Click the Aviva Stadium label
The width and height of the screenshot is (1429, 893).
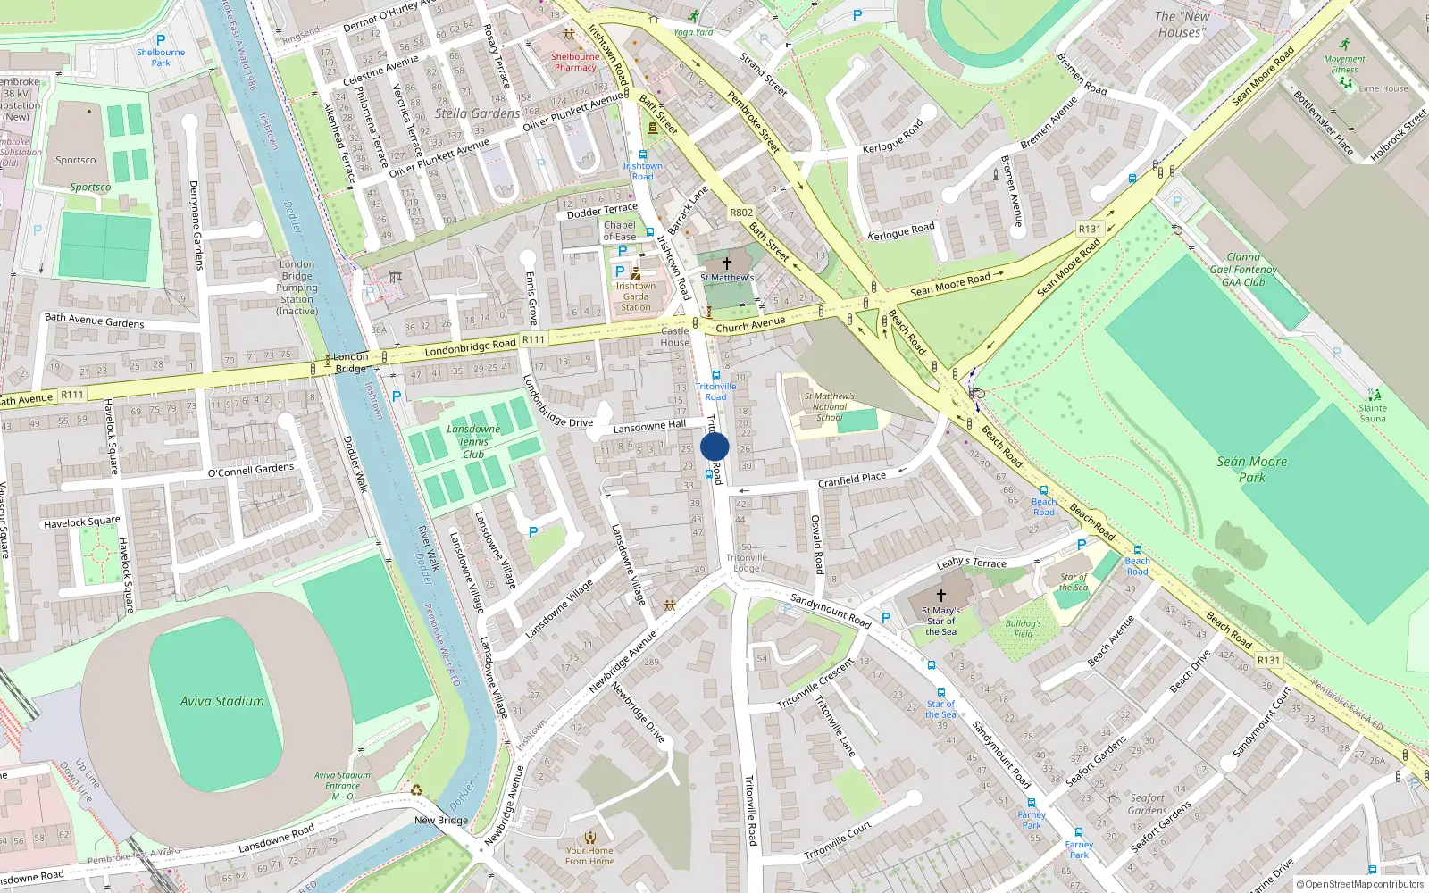coord(221,702)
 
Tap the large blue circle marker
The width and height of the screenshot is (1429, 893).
coord(714,447)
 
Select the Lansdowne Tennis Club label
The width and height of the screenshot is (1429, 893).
coord(473,441)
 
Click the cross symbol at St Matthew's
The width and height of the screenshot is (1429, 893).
coord(726,263)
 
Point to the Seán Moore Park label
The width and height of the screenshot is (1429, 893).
coord(1251,469)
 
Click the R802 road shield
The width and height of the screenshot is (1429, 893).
coord(740,213)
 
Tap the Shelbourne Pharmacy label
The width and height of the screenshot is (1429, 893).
coord(575,62)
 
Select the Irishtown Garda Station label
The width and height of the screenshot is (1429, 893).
coord(635,296)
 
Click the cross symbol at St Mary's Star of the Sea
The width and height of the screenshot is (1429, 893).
coord(940,595)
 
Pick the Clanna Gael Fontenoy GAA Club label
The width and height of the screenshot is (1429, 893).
coord(1242,269)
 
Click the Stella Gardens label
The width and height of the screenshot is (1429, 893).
coord(477,113)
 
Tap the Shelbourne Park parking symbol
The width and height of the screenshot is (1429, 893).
coord(161,40)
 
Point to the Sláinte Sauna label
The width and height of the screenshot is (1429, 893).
coord(1372,413)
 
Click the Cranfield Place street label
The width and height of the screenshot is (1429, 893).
coord(851,480)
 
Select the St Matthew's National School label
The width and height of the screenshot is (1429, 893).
coord(829,406)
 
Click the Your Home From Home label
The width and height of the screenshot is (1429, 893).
coord(589,855)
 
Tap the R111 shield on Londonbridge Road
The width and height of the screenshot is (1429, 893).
coord(533,339)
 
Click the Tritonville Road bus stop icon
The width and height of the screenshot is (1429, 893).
coord(715,376)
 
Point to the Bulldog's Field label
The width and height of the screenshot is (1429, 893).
coord(1023,629)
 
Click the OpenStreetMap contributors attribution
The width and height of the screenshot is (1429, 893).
coord(1359,885)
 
